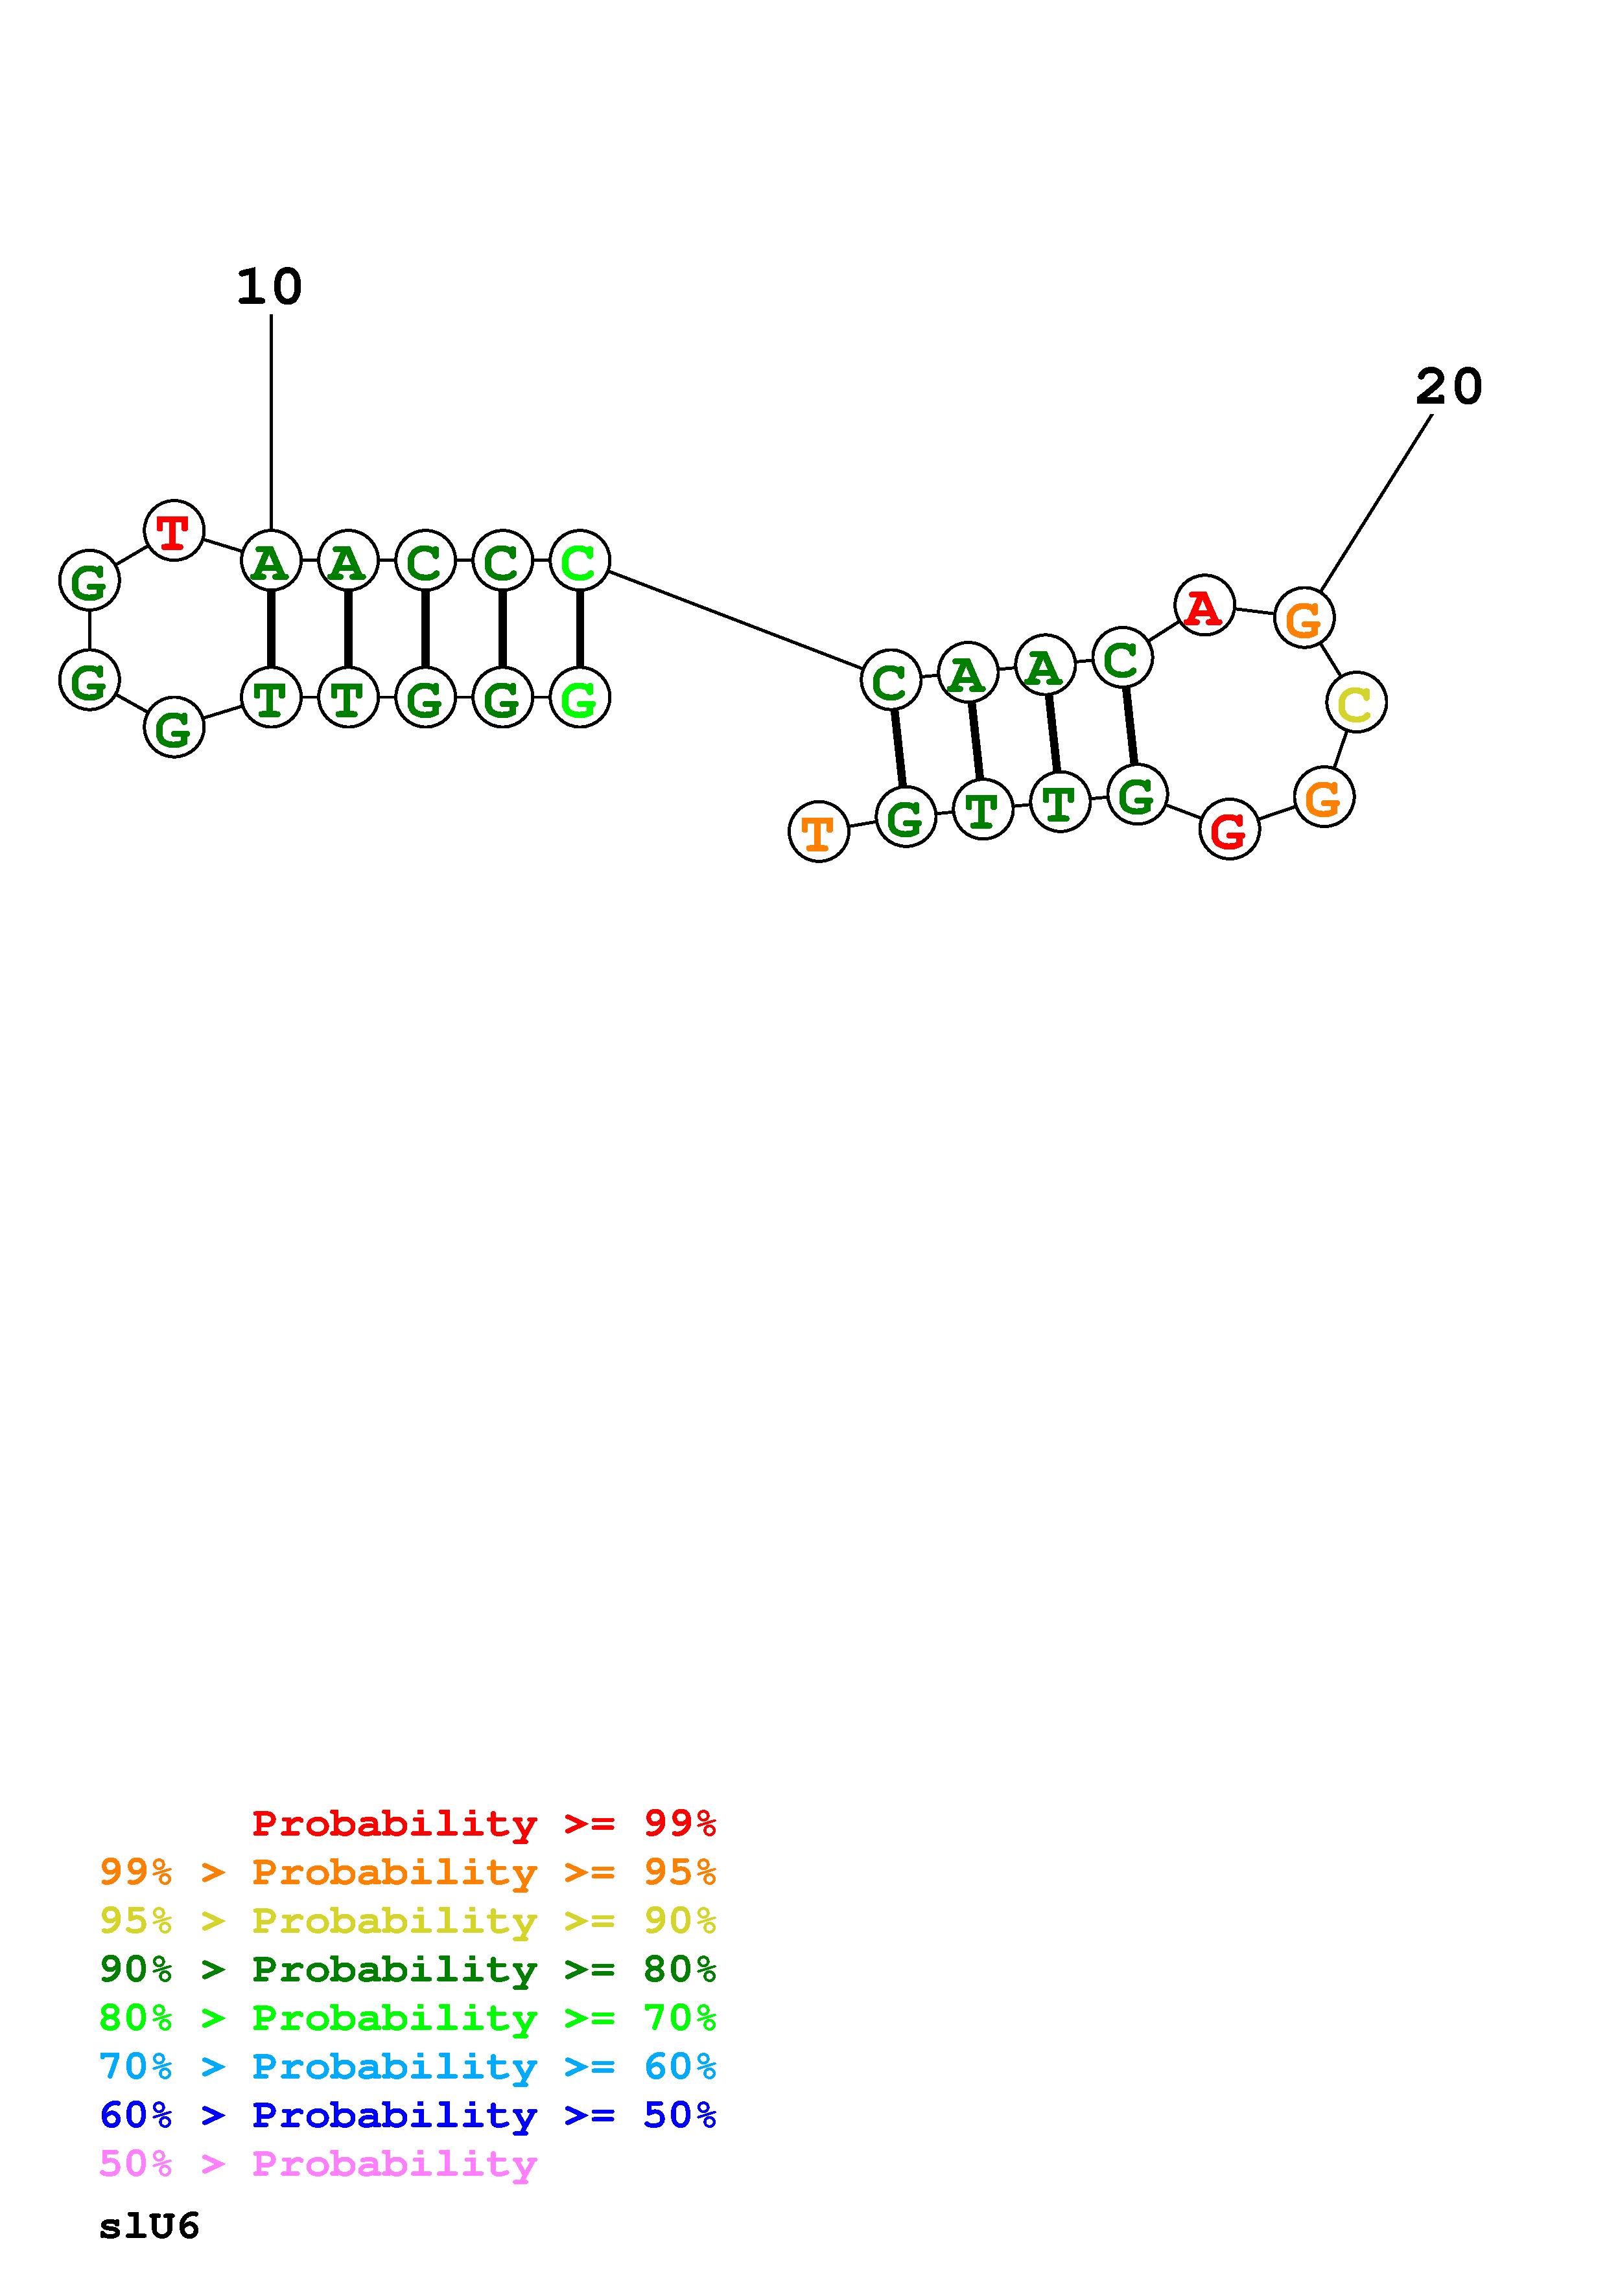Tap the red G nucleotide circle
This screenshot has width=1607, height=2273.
pyautogui.click(x=1229, y=829)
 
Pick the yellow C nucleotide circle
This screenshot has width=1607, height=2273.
pyautogui.click(x=1355, y=703)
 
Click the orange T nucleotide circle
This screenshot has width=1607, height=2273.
pyautogui.click(x=818, y=831)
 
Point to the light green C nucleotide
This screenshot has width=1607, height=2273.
pyautogui.click(x=580, y=561)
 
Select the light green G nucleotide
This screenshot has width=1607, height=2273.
pyautogui.click(x=580, y=698)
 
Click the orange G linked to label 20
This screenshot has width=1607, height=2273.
pyautogui.click(x=1303, y=619)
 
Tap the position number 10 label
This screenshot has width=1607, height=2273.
pyautogui.click(x=269, y=287)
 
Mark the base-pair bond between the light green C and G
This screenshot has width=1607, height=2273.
pyautogui.click(x=580, y=630)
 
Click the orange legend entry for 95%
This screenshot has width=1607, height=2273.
pyautogui.click(x=408, y=1871)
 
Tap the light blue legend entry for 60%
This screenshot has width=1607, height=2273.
pyautogui.click(x=408, y=2066)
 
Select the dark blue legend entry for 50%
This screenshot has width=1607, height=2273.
pyautogui.click(x=408, y=2115)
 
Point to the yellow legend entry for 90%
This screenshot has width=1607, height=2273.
pyautogui.click(x=408, y=1920)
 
